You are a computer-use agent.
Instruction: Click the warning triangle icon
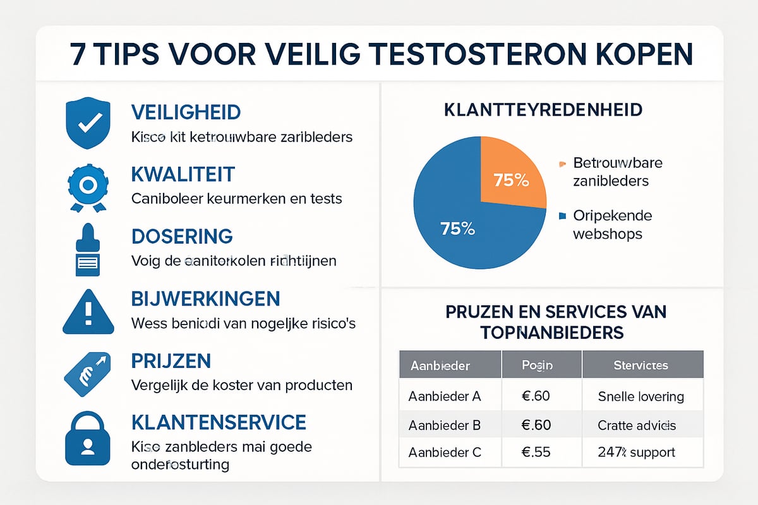pos(88,311)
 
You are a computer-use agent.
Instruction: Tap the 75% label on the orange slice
pos(511,180)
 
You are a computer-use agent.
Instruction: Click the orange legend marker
pos(562,165)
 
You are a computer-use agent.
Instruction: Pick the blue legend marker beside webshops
pos(562,217)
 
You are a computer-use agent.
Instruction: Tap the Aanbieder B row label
pos(445,425)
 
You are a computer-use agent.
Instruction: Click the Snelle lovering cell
pos(641,396)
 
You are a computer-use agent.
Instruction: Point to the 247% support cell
pos(636,453)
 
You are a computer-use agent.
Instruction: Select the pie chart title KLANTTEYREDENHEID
pos(543,110)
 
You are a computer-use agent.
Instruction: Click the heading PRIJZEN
pos(171,361)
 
